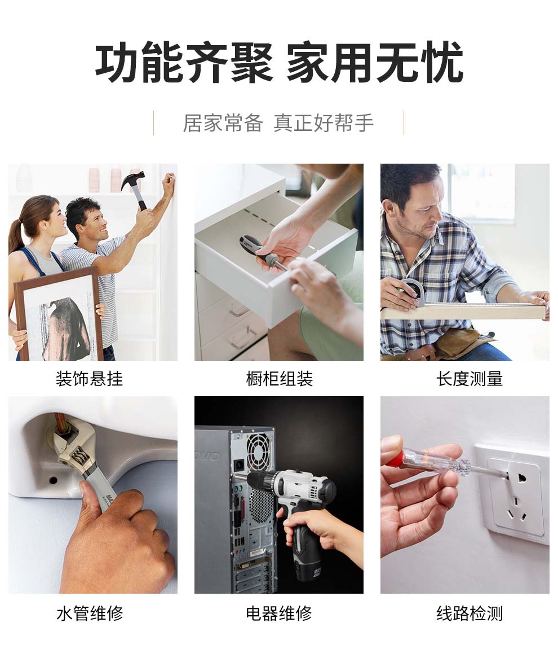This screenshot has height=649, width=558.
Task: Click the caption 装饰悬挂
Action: pos(89,379)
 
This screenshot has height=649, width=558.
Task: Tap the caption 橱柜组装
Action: pos(280,379)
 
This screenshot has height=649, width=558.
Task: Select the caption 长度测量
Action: pos(470,379)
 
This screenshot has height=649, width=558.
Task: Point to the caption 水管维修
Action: pos(90,613)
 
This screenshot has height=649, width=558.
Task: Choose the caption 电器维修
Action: pos(279,613)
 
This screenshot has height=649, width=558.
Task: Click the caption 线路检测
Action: pos(470,613)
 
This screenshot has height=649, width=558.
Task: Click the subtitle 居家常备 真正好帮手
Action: pos(278,123)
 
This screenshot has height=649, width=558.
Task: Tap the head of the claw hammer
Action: pos(132,179)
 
